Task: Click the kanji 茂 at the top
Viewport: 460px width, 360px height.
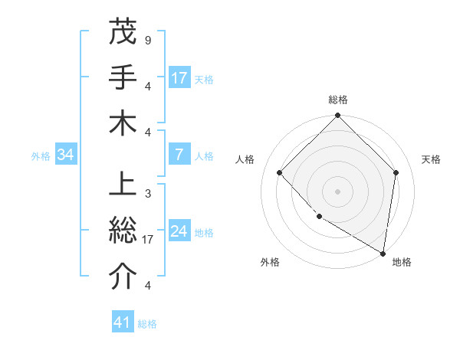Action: pos(123,32)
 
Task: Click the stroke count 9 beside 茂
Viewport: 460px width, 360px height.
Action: pos(147,39)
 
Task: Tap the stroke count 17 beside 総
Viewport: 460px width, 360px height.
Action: pos(149,239)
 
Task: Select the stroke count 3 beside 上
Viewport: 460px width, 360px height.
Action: pos(147,193)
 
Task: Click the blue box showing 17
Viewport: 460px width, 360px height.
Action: pos(179,77)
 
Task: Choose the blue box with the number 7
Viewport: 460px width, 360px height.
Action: pos(179,155)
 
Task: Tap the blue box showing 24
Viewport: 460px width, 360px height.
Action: pos(179,231)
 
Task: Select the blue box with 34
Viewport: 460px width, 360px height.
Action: pos(66,155)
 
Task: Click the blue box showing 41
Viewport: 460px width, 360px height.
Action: pos(123,322)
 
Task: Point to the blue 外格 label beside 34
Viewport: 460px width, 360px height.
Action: pos(41,155)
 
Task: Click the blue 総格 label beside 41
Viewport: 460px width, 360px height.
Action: pos(147,324)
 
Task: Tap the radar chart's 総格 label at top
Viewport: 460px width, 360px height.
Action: pos(338,100)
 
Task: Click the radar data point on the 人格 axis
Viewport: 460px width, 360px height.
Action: pos(280,172)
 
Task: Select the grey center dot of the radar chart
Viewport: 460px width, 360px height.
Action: pos(338,191)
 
